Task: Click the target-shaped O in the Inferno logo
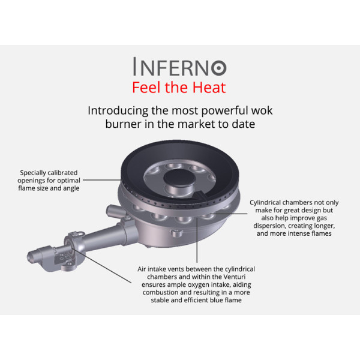click(219, 68)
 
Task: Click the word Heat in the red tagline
click(209, 88)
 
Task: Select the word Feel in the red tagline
click(147, 88)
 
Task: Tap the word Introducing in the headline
click(118, 110)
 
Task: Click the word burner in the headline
click(123, 124)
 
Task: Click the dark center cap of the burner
click(179, 178)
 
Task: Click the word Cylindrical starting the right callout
click(265, 203)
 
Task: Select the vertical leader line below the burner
click(197, 240)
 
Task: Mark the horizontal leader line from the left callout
click(102, 180)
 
